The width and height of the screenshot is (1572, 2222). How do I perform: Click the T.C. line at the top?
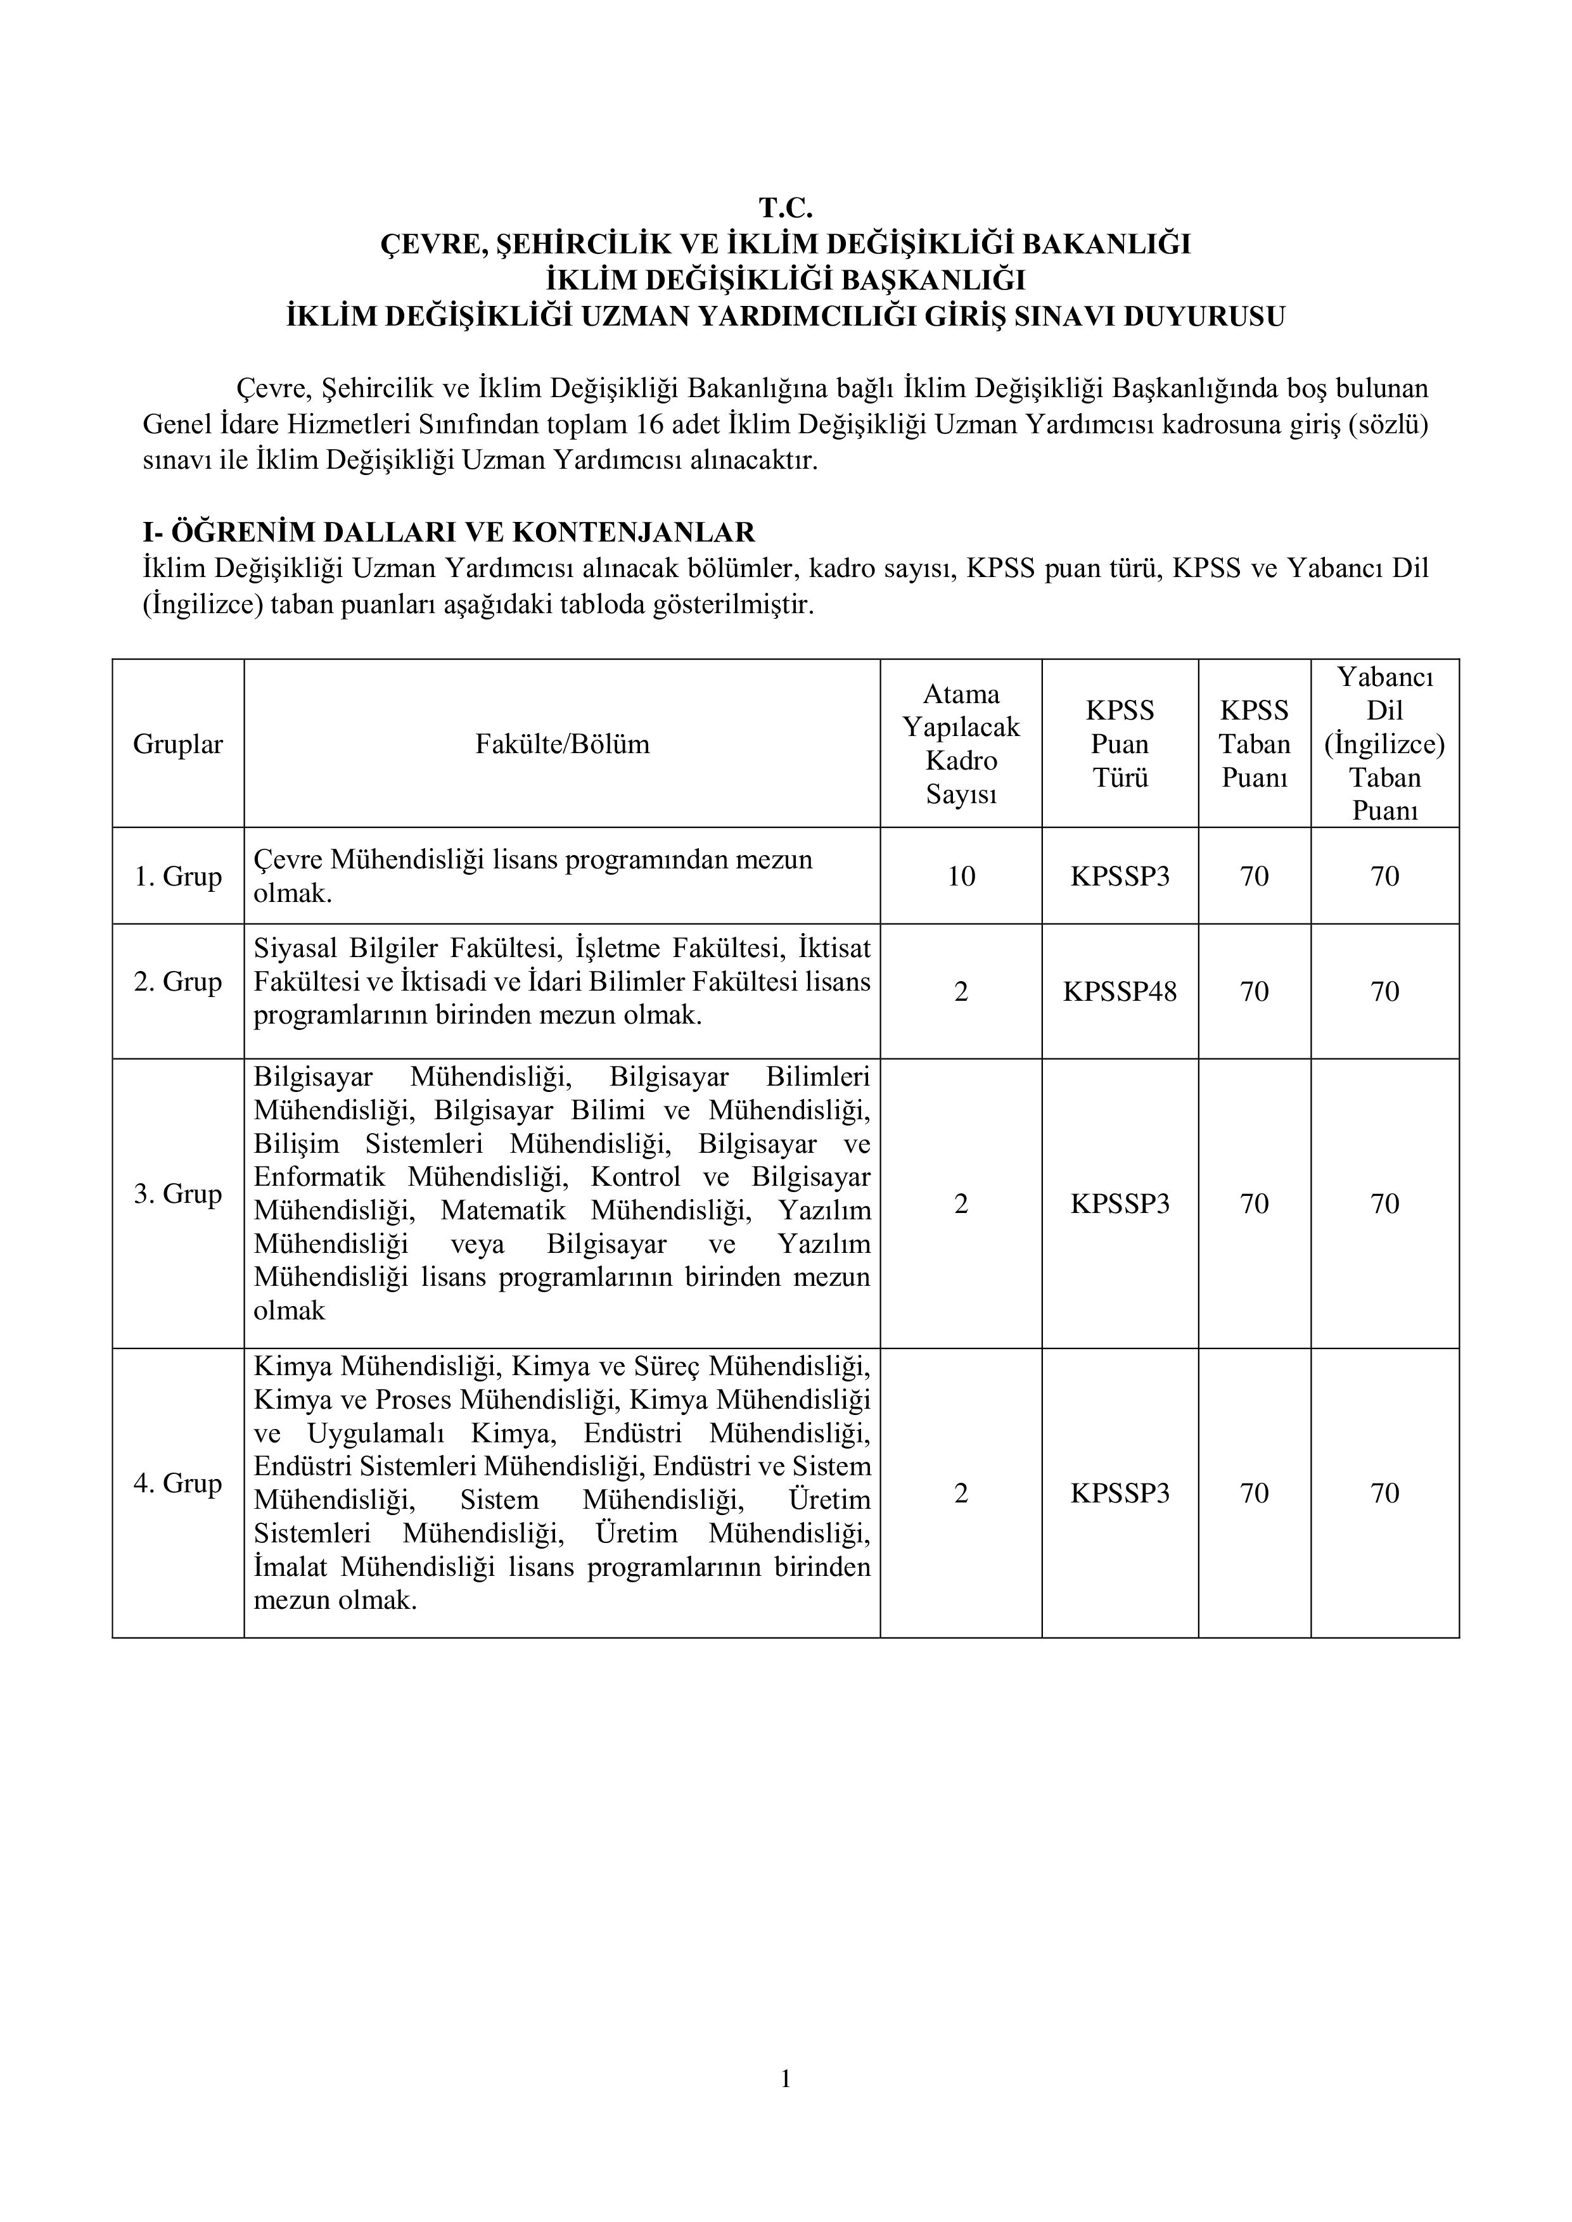[785, 207]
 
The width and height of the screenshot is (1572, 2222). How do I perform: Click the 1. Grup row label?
[178, 876]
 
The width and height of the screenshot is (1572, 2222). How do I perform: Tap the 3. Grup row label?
[178, 1193]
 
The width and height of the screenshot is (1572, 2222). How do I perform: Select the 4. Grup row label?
[178, 1483]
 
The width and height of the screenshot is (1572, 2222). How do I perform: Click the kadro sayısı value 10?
[961, 876]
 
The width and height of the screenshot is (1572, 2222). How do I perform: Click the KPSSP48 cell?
[1120, 991]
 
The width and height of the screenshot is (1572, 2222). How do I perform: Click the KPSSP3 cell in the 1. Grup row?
[1120, 876]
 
